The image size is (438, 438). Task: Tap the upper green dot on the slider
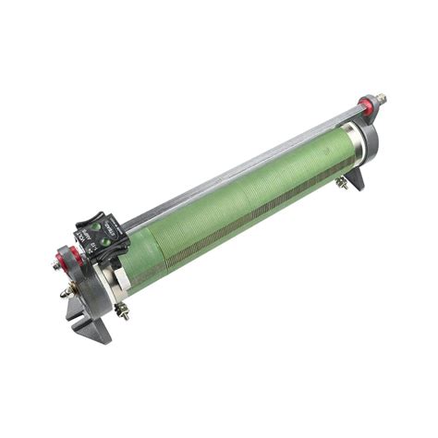click(103, 228)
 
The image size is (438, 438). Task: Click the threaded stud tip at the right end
click(382, 96)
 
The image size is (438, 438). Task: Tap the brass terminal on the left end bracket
click(67, 293)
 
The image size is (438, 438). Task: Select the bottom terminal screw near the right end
click(341, 182)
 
